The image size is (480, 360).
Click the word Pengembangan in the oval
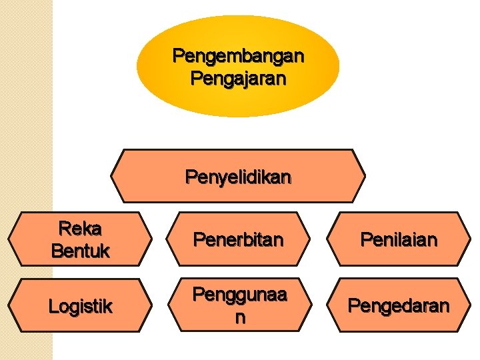(238, 55)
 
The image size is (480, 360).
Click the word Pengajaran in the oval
(238, 79)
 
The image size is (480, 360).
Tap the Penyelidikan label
(238, 177)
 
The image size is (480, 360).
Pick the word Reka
(80, 229)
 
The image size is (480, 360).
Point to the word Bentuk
(80, 251)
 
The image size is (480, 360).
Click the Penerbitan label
(237, 239)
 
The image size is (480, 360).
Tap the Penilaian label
(399, 239)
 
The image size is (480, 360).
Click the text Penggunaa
(239, 295)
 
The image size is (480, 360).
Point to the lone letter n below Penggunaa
(239, 317)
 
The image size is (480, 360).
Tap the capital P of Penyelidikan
(191, 177)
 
